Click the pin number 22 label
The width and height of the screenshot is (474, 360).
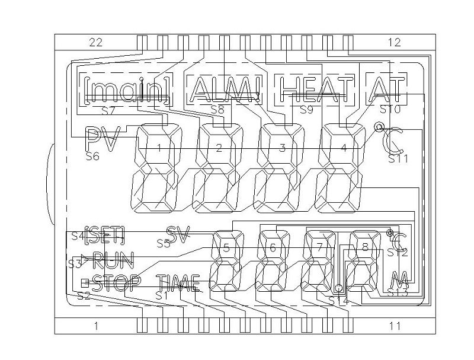point(96,42)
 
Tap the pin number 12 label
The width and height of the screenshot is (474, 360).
point(394,42)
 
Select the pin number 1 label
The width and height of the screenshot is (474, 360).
point(96,325)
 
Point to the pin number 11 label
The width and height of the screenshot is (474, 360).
point(394,325)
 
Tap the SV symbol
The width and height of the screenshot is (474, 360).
point(177,235)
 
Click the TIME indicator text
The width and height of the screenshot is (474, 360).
point(178,283)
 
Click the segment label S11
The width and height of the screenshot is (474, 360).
point(398,159)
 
